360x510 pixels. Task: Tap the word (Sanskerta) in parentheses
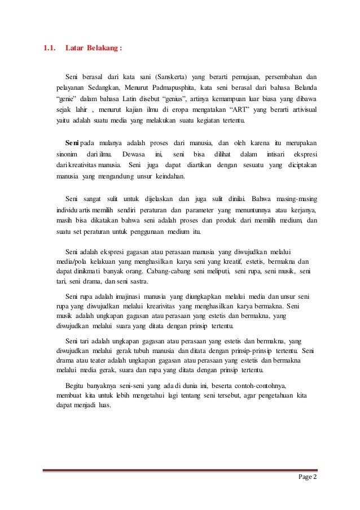click(x=170, y=76)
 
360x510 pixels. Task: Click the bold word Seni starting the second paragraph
click(x=72, y=142)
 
